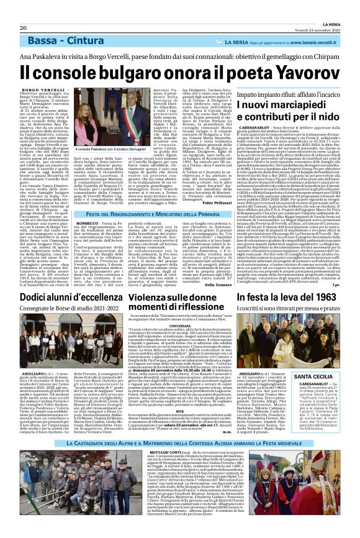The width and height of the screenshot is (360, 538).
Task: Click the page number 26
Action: (x=23, y=11)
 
